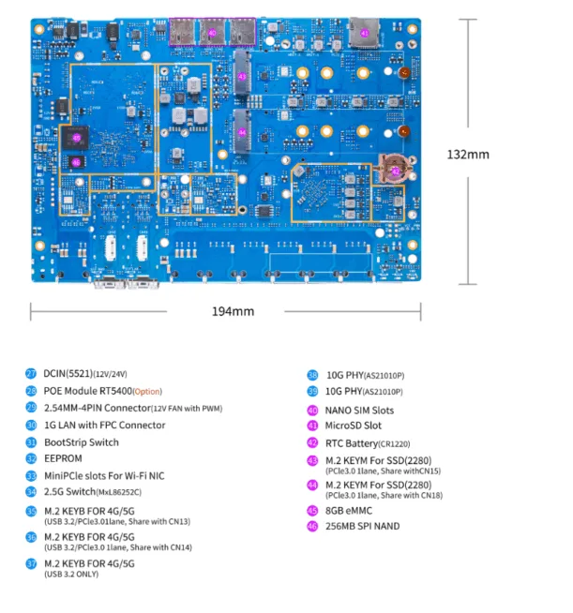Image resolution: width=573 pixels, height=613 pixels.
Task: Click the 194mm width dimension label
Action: coord(232,311)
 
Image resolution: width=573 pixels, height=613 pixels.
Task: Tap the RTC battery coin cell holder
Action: coord(395,172)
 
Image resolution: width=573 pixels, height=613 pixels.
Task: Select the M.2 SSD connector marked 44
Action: coord(242,132)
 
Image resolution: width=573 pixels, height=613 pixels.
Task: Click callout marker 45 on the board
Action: coord(77,138)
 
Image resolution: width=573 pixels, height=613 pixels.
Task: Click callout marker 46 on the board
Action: coord(77,160)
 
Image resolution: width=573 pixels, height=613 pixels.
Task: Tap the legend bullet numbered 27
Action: coord(31,373)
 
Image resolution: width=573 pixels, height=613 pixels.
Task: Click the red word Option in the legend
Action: coord(147,391)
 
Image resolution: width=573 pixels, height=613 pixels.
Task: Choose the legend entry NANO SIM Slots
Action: coord(360,410)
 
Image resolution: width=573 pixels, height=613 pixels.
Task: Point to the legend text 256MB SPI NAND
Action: coord(362,526)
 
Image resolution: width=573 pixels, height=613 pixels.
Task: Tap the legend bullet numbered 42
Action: coord(313,443)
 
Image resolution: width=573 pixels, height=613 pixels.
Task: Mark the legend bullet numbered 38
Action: coord(313,373)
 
